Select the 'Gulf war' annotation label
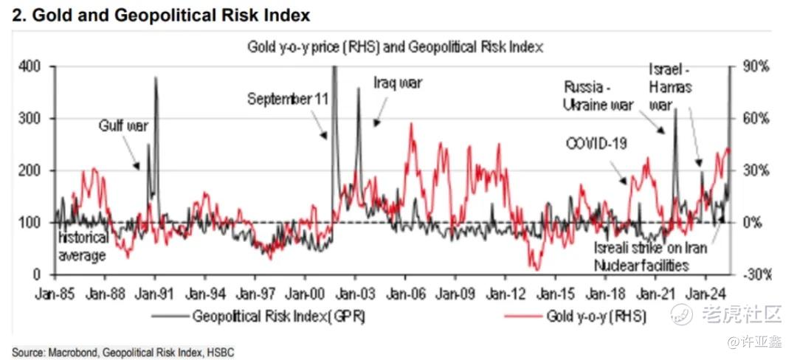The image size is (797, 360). (123, 125)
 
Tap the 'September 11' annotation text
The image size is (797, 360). (288, 98)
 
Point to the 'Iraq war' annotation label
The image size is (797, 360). (398, 83)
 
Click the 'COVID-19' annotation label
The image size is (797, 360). (596, 143)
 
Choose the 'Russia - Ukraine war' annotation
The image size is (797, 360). (598, 95)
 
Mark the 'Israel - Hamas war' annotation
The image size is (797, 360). (670, 87)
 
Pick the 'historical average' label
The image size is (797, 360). (83, 246)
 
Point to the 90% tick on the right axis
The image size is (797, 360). (755, 66)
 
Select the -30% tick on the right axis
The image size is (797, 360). (755, 274)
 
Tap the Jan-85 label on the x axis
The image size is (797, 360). (55, 292)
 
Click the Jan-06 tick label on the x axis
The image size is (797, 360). (405, 292)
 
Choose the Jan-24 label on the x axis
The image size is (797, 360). (705, 292)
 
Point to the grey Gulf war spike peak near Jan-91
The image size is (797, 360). (156, 78)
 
